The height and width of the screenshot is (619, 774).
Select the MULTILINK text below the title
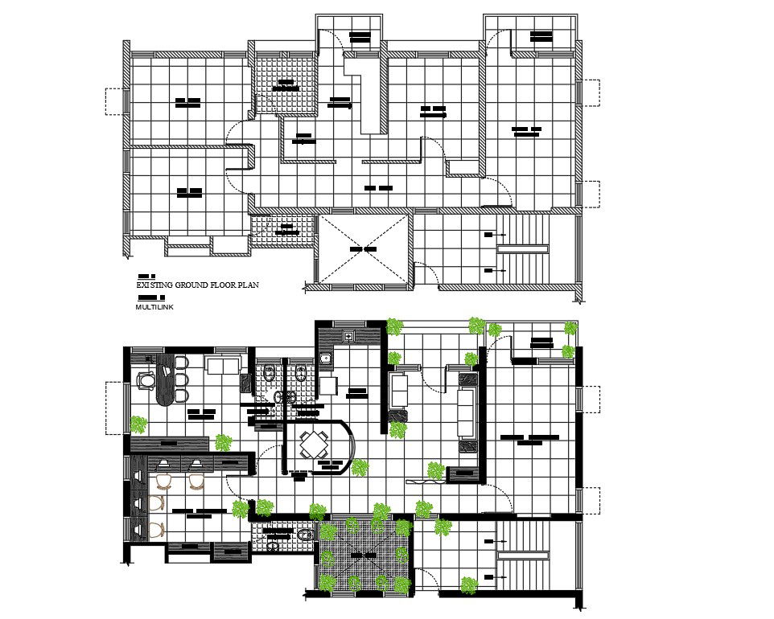[154, 307]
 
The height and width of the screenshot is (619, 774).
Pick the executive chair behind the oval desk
[146, 379]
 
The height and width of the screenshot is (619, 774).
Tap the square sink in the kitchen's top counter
[349, 336]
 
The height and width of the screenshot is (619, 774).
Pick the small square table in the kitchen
[328, 386]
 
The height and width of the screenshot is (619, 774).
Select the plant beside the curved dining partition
[358, 467]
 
